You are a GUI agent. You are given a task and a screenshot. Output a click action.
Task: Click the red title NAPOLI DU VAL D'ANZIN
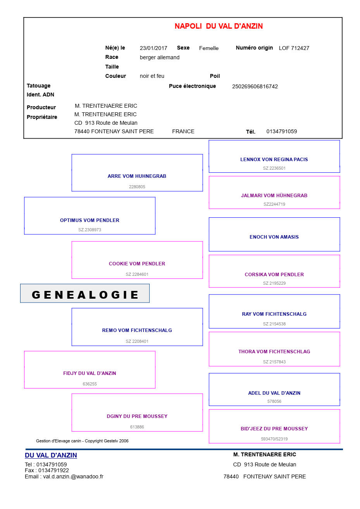[219, 26]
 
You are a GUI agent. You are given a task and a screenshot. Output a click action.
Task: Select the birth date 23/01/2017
[153, 48]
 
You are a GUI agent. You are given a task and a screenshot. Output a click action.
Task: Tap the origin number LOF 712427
[294, 48]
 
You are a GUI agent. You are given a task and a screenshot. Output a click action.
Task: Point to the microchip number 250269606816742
[255, 87]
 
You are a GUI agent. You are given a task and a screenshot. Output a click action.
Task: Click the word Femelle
[208, 48]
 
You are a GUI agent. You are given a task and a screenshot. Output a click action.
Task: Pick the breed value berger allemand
[159, 58]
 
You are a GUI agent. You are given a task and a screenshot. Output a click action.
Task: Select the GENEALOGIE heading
[85, 295]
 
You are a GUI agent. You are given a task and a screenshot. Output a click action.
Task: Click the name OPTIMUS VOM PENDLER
[90, 220]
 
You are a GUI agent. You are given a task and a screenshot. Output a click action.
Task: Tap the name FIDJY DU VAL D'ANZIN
[90, 373]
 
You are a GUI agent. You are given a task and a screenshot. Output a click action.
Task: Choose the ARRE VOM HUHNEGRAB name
[137, 176]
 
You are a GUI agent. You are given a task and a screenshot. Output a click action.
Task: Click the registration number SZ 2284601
[137, 274]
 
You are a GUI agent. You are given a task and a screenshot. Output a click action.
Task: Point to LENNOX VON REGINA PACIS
[274, 160]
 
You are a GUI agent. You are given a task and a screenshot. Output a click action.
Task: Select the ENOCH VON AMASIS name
[274, 237]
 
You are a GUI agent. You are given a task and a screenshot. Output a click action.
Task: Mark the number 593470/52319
[274, 439]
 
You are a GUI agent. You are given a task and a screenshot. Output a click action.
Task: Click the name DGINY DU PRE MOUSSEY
[137, 416]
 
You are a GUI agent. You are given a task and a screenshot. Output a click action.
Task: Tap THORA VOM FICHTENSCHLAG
[274, 352]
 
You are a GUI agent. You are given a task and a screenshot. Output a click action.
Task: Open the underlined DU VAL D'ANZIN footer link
[51, 456]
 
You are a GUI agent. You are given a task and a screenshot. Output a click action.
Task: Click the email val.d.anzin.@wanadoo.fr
[73, 477]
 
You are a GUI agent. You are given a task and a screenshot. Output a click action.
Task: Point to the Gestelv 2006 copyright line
[82, 441]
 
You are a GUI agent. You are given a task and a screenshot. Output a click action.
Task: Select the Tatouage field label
[38, 86]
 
